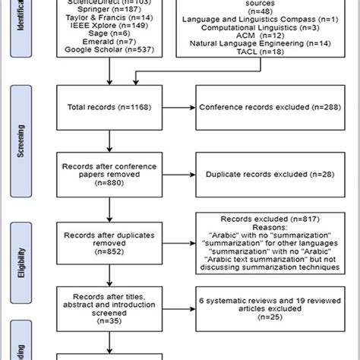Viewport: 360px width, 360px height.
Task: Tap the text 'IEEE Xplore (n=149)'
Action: pyautogui.click(x=110, y=25)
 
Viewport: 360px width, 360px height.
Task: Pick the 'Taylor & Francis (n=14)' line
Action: pyautogui.click(x=110, y=16)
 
